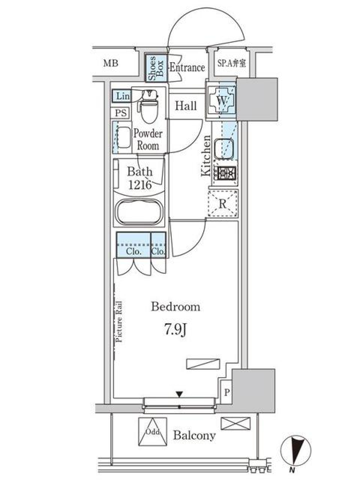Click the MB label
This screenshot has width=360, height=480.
click(111, 63)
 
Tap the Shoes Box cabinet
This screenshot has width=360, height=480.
click(156, 68)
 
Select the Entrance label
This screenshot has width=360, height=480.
click(187, 68)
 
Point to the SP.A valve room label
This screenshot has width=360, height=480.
click(231, 63)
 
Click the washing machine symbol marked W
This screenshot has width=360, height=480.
click(222, 100)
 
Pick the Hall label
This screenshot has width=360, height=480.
click(186, 106)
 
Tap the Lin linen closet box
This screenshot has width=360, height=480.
click(121, 96)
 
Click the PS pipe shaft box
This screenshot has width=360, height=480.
click(121, 113)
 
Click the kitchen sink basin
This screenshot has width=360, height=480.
click(225, 148)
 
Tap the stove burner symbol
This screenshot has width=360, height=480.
click(225, 173)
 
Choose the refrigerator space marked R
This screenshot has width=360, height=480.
click(223, 204)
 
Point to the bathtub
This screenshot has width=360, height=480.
click(139, 213)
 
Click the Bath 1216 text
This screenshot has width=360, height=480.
click(140, 178)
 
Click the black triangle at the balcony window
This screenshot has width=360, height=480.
click(180, 394)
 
